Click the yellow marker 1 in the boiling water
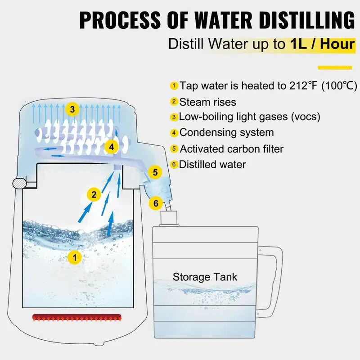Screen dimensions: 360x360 click(75, 257)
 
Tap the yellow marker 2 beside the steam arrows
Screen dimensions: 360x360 click(94, 194)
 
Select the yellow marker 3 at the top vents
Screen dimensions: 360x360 click(72, 109)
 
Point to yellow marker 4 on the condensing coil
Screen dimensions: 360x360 click(111, 147)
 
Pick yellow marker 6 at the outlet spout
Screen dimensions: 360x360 click(156, 203)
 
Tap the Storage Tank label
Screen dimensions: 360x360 click(205, 277)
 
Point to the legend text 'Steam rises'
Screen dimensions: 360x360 click(207, 102)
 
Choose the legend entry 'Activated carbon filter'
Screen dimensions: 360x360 click(231, 148)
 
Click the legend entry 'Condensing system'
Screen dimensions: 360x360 click(226, 133)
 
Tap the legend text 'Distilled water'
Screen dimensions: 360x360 click(212, 164)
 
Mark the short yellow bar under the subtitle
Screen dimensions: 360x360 click(334, 67)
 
